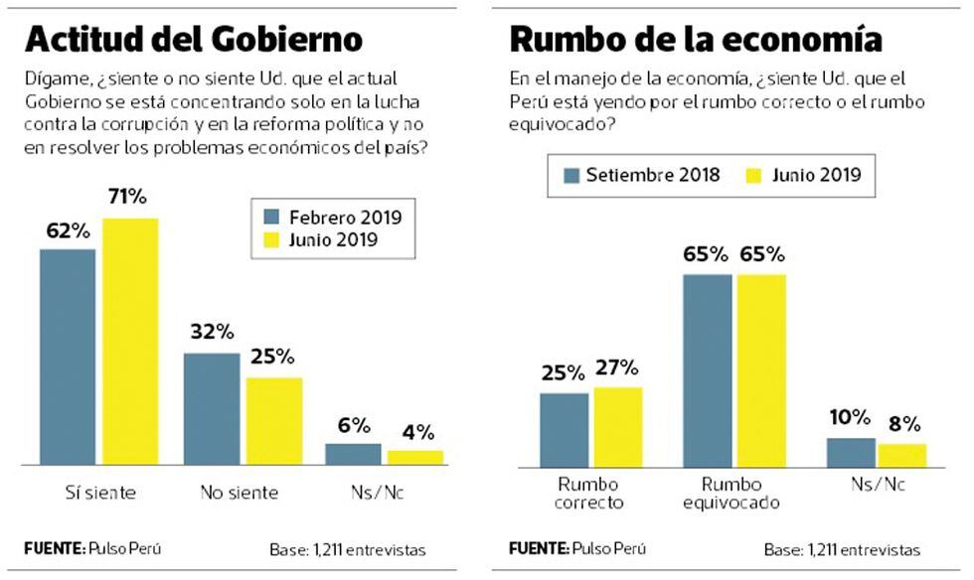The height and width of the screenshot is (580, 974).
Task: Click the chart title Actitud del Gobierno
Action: point(193,39)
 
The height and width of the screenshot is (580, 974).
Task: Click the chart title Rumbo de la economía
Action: point(696,39)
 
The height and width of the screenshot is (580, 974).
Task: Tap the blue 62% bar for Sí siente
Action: point(68,357)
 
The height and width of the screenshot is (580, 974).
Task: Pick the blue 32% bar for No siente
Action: point(211,408)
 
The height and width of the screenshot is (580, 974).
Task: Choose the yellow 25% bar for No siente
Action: point(273,421)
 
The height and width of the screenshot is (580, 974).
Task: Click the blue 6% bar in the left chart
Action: point(353,454)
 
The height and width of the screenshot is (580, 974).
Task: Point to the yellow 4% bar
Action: point(415,458)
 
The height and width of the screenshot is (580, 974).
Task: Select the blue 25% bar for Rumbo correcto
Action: point(564,430)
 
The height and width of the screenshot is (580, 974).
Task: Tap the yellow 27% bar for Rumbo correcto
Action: point(617,427)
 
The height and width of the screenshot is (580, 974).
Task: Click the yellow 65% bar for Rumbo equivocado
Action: point(760,369)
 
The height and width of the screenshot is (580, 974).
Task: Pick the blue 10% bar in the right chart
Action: point(851,452)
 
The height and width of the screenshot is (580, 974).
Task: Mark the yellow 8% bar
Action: point(902,455)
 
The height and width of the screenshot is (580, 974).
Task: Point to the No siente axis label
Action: point(241,493)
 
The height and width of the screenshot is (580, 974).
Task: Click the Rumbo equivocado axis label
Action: point(731,493)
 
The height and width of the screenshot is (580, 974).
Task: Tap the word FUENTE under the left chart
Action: point(54,547)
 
